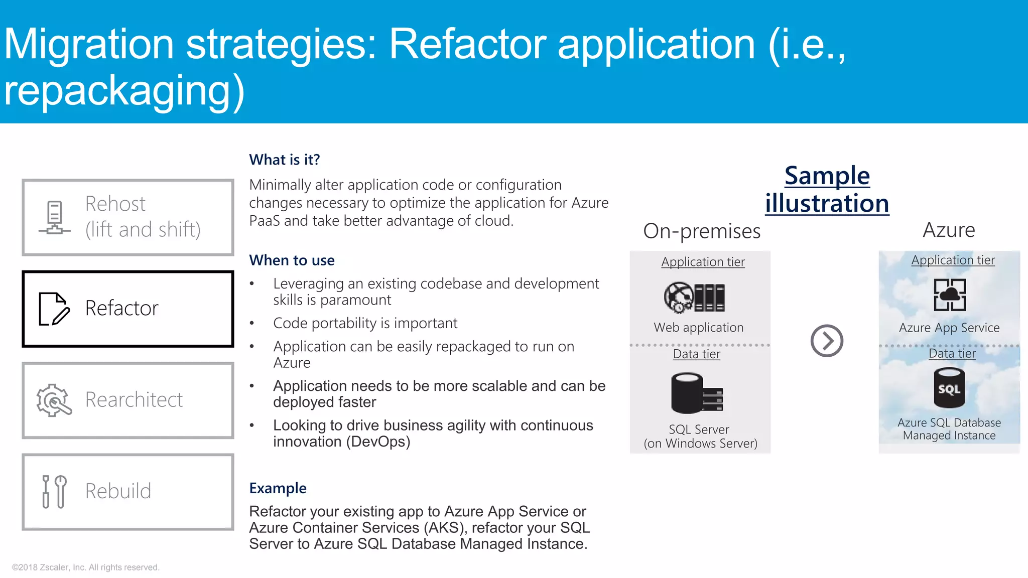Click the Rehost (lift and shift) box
tap(128, 217)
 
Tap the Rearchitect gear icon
tap(54, 400)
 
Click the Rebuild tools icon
tap(54, 491)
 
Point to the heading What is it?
tap(284, 160)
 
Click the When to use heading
tap(292, 260)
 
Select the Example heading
tap(278, 488)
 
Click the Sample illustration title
tap(827, 190)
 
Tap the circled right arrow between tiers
tap(826, 341)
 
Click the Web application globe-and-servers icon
tap(694, 297)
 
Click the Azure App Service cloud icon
tap(949, 295)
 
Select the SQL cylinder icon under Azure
tap(949, 388)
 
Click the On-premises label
tap(701, 231)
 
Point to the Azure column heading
tap(949, 230)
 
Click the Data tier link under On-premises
tap(696, 354)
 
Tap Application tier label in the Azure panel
tap(953, 260)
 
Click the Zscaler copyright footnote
tap(85, 567)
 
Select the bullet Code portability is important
tap(365, 323)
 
